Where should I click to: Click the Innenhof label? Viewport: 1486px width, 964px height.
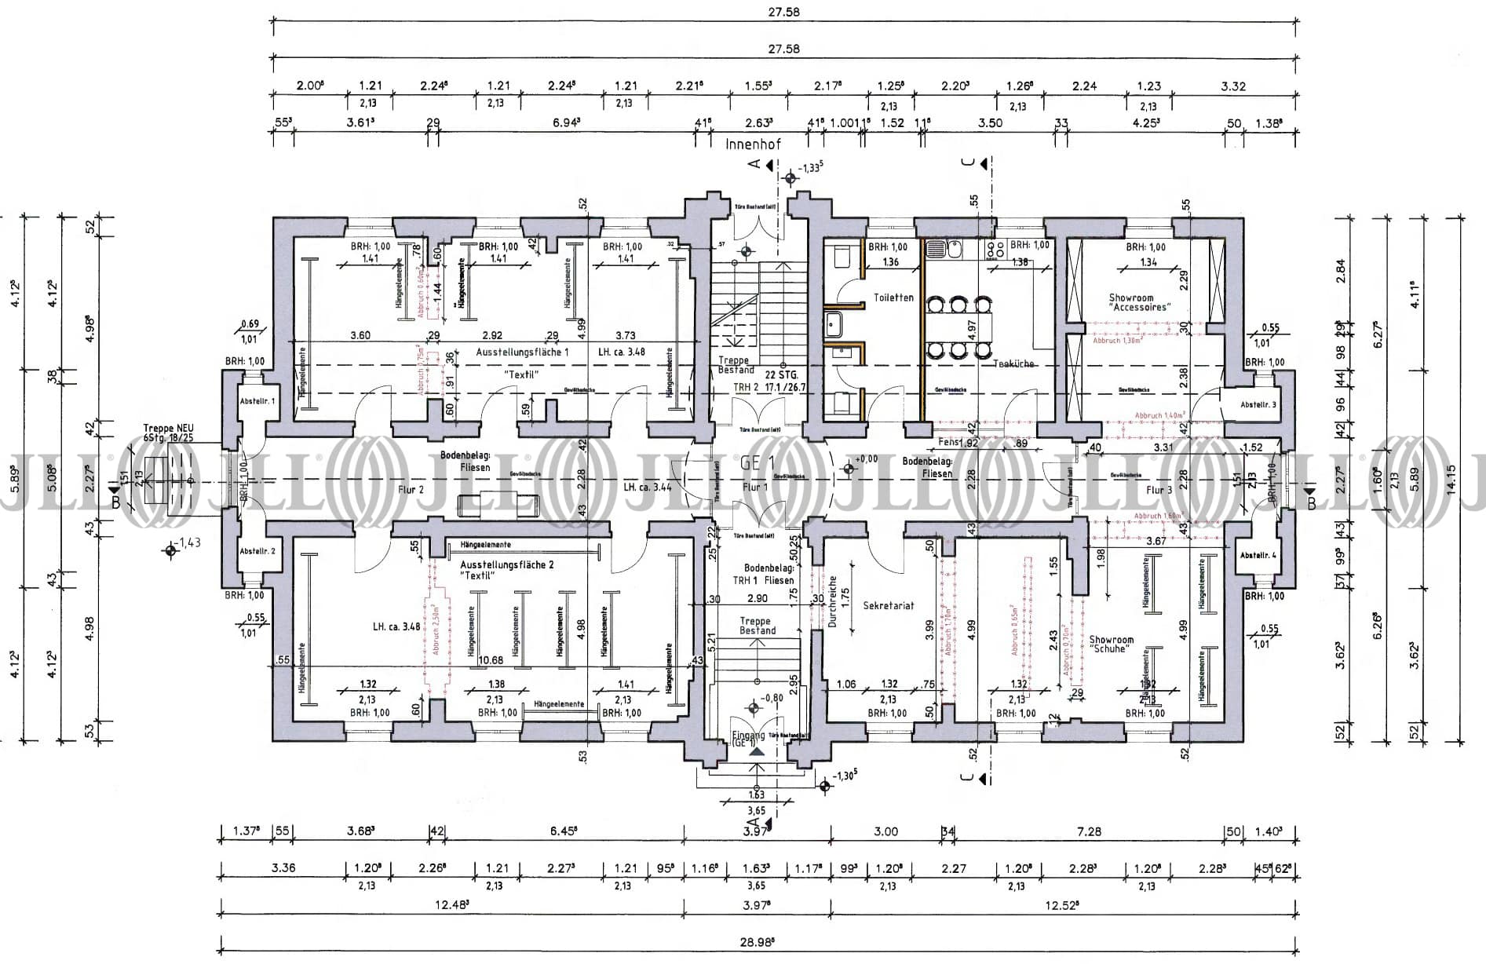pyautogui.click(x=754, y=144)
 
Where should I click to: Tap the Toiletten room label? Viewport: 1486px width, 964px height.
pyautogui.click(x=893, y=298)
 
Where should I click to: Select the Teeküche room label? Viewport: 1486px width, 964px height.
pyautogui.click(x=1013, y=363)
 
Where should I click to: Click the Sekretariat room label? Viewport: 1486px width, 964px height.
pyautogui.click(x=889, y=605)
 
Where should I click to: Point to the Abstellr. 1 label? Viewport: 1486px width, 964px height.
pyautogui.click(x=257, y=401)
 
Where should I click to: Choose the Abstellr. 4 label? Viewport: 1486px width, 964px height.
pyautogui.click(x=1258, y=556)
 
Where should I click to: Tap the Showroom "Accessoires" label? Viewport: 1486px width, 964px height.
pyautogui.click(x=1138, y=303)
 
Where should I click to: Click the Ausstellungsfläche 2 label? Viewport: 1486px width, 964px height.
pyautogui.click(x=507, y=564)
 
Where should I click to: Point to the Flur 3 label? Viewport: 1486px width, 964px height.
pyautogui.click(x=1159, y=490)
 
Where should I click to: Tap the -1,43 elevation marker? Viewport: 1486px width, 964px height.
pyautogui.click(x=189, y=542)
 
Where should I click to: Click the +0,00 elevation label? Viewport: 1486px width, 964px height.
pyautogui.click(x=866, y=459)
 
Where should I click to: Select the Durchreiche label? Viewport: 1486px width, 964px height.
pyautogui.click(x=833, y=601)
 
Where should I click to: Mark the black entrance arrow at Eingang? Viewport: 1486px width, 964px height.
pyautogui.click(x=756, y=751)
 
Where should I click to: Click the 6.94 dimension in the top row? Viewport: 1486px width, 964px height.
pyautogui.click(x=566, y=122)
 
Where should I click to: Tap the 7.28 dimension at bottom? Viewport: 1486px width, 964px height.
pyautogui.click(x=1089, y=831)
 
